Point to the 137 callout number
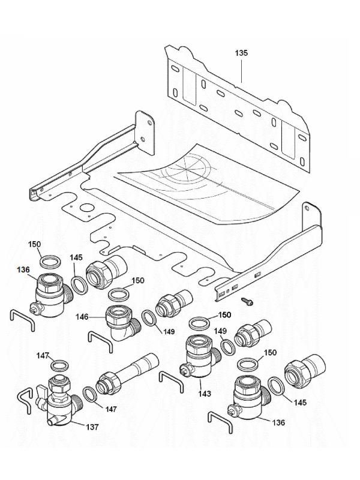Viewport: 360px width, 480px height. coord(92,428)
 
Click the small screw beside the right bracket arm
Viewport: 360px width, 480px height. coord(245,299)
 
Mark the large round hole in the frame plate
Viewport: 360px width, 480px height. coord(86,211)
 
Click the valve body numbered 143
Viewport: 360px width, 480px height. coord(199,355)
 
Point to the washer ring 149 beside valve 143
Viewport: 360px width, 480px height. coord(226,347)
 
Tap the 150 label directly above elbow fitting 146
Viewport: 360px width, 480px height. coord(138,281)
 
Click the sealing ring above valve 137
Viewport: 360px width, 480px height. coord(59,365)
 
